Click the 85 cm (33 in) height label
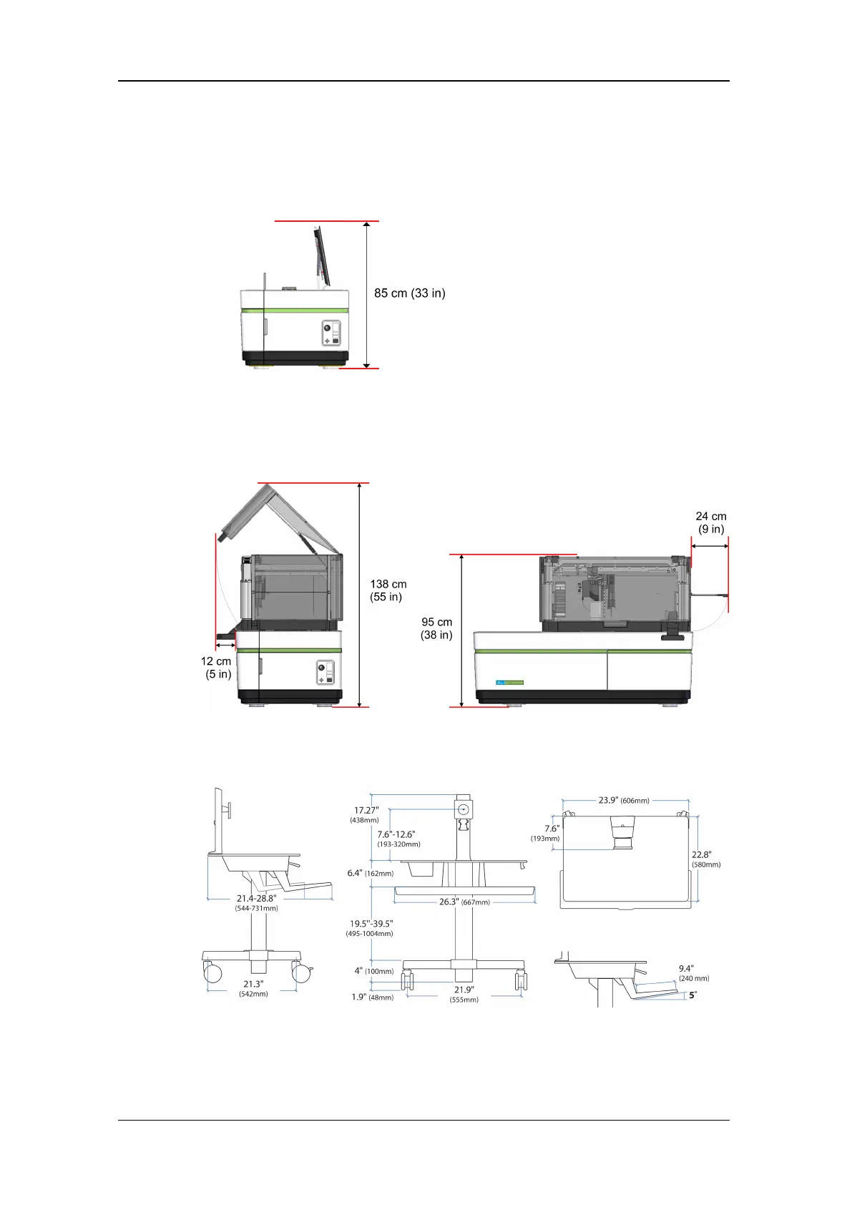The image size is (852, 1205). click(409, 293)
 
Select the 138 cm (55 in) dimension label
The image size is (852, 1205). click(388, 590)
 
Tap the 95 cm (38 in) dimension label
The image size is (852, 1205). click(436, 628)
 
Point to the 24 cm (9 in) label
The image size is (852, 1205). click(710, 522)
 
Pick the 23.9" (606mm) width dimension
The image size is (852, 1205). click(623, 801)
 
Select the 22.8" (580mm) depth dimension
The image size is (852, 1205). click(705, 859)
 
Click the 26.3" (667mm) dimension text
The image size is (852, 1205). click(464, 902)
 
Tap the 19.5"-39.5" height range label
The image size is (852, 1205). click(370, 929)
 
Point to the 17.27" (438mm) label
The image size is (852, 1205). click(365, 815)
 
